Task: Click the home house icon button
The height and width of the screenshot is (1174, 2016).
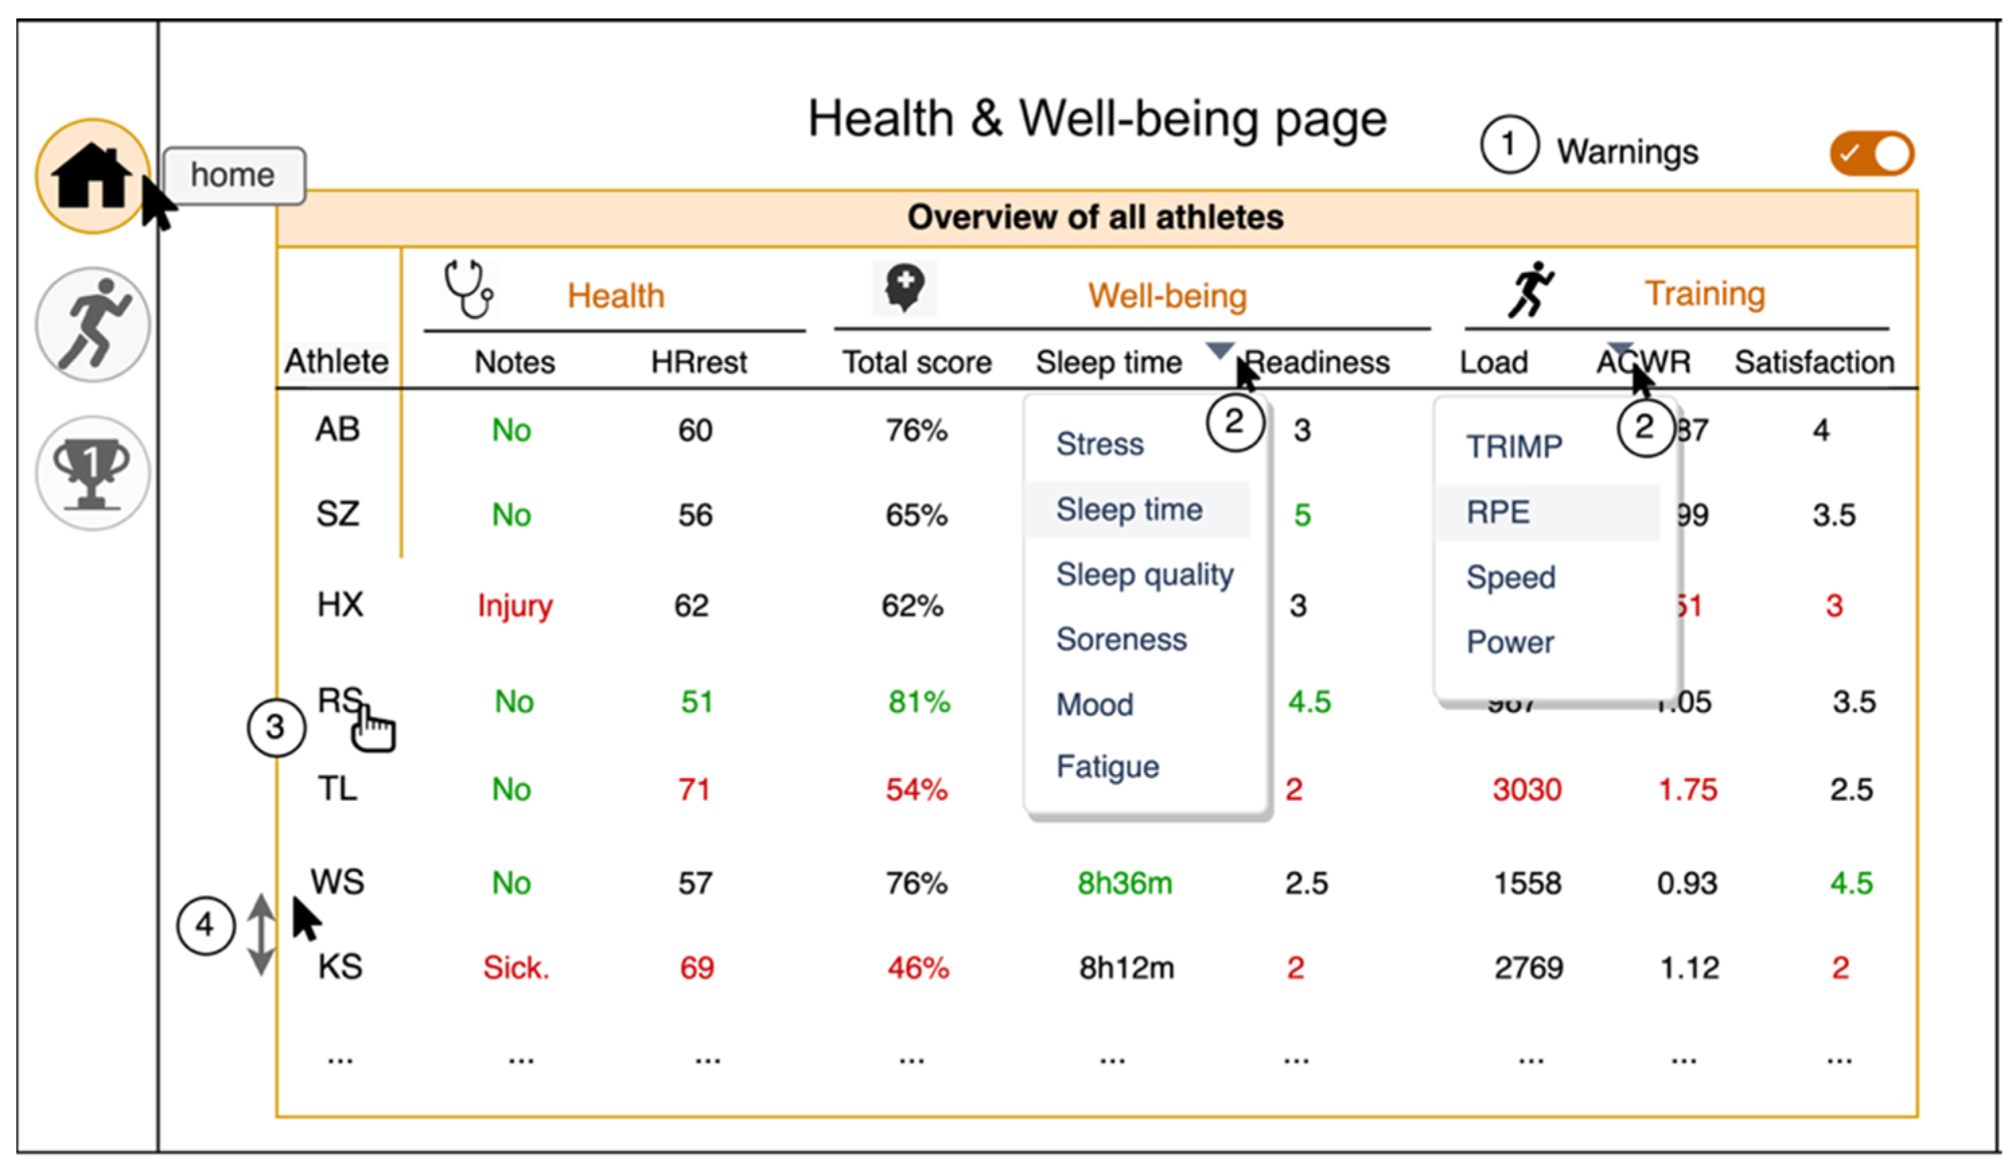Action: tap(92, 176)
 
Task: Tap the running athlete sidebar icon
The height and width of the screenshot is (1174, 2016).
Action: tap(93, 325)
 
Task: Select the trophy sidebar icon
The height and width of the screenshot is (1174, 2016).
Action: tap(92, 473)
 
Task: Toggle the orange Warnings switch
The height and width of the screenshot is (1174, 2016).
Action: tap(1871, 153)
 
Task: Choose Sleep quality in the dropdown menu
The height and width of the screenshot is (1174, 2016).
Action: tap(1144, 575)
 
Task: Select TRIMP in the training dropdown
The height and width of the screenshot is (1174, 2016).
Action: tap(1514, 446)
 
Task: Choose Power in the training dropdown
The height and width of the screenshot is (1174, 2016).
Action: tap(1509, 642)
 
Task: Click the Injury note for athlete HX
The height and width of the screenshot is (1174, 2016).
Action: tap(515, 605)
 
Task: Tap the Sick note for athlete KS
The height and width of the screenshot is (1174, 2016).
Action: tap(516, 968)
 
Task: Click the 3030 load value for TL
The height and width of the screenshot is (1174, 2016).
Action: tap(1526, 790)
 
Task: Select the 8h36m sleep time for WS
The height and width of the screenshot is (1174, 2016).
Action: tap(1124, 884)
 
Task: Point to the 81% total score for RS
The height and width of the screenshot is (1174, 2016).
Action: tap(918, 702)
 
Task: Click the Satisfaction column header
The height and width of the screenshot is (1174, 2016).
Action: tap(1814, 362)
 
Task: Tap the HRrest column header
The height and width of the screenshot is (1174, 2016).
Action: tap(698, 362)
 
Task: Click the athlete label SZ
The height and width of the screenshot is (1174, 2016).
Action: tap(338, 514)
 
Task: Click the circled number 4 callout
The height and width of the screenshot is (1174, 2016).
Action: tap(204, 925)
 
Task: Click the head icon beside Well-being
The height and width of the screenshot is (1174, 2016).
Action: tap(905, 288)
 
